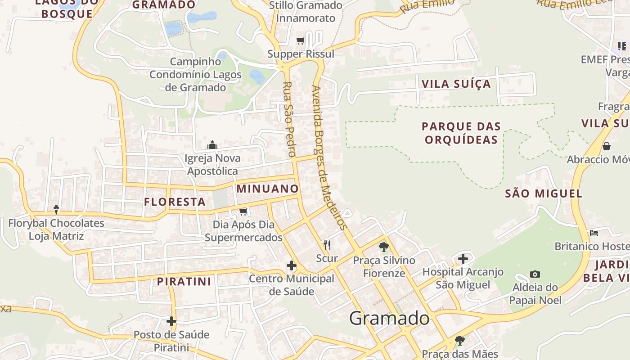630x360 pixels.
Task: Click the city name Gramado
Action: click(x=389, y=318)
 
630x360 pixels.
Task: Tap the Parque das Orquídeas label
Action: click(x=461, y=133)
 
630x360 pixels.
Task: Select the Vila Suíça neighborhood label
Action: click(x=456, y=84)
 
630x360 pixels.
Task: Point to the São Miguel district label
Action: click(x=544, y=193)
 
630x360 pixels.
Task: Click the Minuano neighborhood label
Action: click(x=267, y=189)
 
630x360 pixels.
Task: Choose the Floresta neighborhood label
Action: click(x=175, y=202)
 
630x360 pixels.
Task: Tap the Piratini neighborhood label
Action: click(x=184, y=282)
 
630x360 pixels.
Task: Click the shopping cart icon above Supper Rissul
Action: click(x=301, y=41)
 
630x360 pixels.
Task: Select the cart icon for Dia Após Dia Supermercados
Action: click(x=243, y=211)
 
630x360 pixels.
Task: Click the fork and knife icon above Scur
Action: click(x=327, y=245)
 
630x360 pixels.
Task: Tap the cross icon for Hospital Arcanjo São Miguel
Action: click(x=463, y=259)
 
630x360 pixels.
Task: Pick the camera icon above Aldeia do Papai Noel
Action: click(x=535, y=274)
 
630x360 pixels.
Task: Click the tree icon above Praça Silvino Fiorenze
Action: click(x=384, y=247)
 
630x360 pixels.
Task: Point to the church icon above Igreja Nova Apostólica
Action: click(x=212, y=145)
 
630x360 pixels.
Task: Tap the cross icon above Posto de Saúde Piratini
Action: click(x=171, y=321)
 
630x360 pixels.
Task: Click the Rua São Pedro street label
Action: click(x=289, y=119)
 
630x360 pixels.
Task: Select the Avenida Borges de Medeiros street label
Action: click(x=330, y=157)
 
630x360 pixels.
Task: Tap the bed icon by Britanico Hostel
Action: click(x=594, y=233)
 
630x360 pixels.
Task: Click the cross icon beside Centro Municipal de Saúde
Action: click(x=292, y=266)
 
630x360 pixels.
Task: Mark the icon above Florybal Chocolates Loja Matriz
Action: click(x=56, y=209)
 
